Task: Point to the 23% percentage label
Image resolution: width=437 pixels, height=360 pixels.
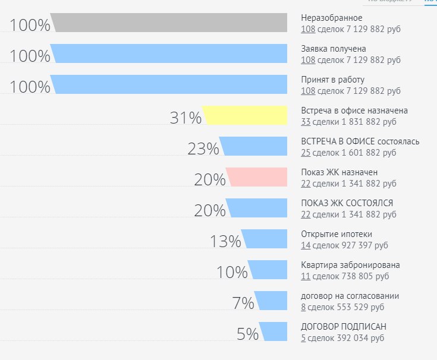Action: tap(203, 149)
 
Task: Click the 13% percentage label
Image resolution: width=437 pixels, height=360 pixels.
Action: tap(225, 241)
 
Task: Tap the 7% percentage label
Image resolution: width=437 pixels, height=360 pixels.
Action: tap(243, 303)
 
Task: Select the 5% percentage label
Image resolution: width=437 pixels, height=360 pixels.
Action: tap(247, 334)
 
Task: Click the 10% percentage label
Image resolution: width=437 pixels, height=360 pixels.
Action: tap(232, 272)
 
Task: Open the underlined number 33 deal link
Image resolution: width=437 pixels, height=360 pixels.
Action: tap(306, 122)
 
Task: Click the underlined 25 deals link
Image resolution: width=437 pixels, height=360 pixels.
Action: tap(306, 153)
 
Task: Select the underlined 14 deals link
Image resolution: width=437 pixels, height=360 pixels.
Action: tap(306, 245)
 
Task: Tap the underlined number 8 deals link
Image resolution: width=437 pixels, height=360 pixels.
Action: tap(303, 307)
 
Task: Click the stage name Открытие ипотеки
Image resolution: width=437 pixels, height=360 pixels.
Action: tap(337, 234)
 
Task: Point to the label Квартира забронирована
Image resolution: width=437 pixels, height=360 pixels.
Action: tap(350, 265)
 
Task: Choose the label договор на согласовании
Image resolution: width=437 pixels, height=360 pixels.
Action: tap(350, 296)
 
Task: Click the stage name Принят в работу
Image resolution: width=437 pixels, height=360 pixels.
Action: tap(333, 80)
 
